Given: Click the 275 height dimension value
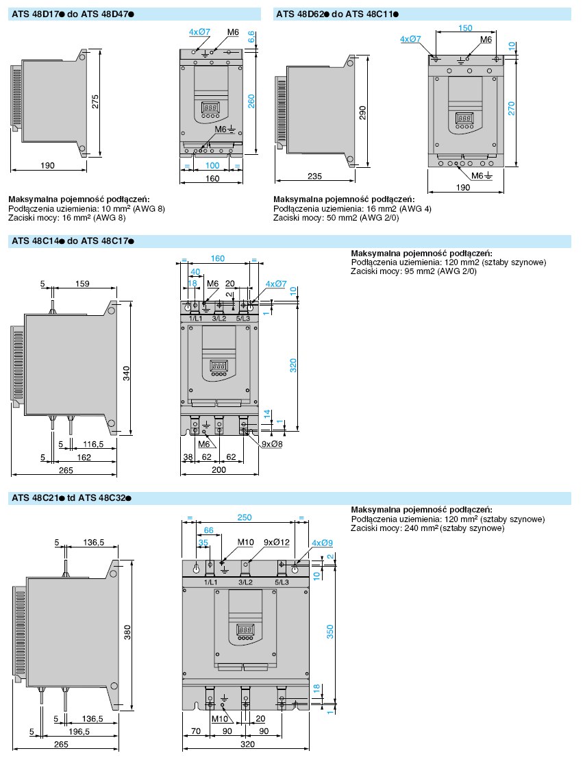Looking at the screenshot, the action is pos(95,101).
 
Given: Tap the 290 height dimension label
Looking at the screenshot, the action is pos(362,112).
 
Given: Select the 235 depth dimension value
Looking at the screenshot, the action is pos(314,176).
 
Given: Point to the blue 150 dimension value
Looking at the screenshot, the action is pos(465,28).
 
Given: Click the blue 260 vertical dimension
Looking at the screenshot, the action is pos(251,101).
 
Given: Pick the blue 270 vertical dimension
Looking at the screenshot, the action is pos(512,108).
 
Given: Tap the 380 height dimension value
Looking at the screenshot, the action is pos(127,632).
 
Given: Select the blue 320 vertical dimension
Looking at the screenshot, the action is pos(292,365).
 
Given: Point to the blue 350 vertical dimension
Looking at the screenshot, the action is pos(329,632).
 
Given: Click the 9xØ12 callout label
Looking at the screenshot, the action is pos(277,542).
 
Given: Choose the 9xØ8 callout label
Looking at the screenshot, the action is pos(272,444).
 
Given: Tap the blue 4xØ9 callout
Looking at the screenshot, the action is pos(322,542).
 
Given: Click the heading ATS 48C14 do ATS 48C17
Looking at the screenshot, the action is pos(73,241).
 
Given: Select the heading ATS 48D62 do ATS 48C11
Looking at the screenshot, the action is pos(337,14).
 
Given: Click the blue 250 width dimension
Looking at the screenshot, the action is pos(245,517).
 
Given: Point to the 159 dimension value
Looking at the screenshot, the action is pos(82,284).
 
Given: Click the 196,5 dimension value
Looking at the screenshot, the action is pos(79,731).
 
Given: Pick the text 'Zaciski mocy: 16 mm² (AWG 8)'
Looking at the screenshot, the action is pos(67,218).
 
